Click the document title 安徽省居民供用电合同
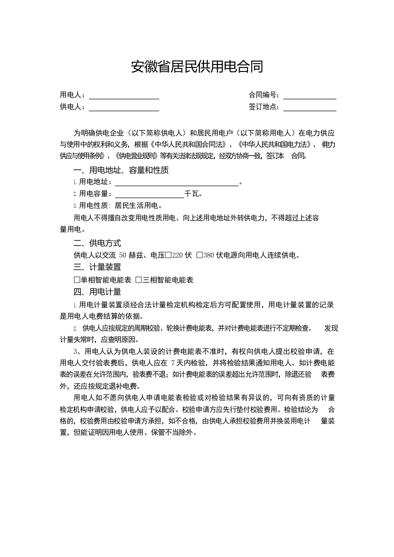197,67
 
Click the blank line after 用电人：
124,96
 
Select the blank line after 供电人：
124,108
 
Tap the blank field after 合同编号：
310,96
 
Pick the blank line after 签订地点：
310,108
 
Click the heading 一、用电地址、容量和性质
121,170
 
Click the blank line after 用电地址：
177,183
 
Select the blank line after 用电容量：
149,194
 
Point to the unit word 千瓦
192,194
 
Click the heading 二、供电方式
97,243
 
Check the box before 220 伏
168,256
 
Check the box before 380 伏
199,256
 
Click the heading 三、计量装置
97,267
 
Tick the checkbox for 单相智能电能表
76,280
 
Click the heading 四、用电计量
97,292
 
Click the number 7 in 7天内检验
172,362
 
